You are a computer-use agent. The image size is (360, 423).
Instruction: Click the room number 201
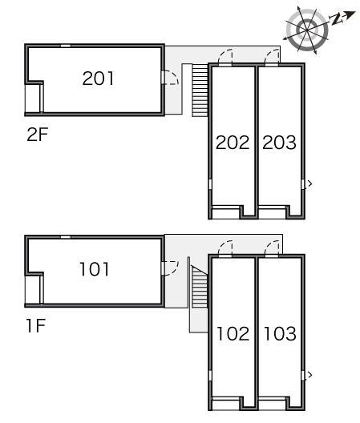pyautogui.click(x=98, y=79)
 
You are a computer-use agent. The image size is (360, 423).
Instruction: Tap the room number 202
pyautogui.click(x=233, y=143)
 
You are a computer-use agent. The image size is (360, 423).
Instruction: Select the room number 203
pyautogui.click(x=279, y=143)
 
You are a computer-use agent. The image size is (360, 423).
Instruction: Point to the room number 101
pyautogui.click(x=95, y=269)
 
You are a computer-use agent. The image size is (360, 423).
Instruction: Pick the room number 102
pyautogui.click(x=233, y=333)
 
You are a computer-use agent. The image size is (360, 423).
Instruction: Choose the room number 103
pyautogui.click(x=280, y=333)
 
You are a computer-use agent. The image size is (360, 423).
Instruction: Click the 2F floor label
pyautogui.click(x=38, y=135)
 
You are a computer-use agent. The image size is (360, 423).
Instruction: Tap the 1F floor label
pyautogui.click(x=36, y=325)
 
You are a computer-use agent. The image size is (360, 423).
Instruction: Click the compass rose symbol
pyautogui.click(x=307, y=30)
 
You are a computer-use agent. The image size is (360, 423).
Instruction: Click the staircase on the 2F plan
pyautogui.click(x=200, y=91)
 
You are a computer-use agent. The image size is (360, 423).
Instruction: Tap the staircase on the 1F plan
pyautogui.click(x=200, y=287)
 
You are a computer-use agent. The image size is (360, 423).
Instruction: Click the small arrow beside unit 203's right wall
pyautogui.click(x=310, y=183)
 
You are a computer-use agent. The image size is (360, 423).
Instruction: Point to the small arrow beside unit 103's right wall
pyautogui.click(x=310, y=375)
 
